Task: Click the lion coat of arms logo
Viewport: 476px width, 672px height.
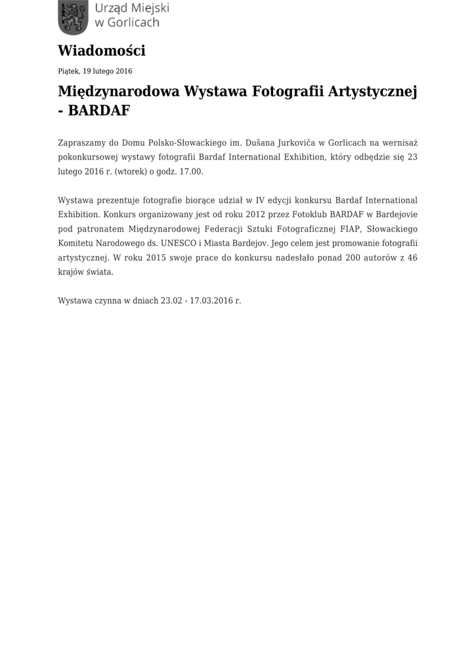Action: pyautogui.click(x=72, y=17)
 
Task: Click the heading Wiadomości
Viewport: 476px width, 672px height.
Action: pyautogui.click(x=101, y=51)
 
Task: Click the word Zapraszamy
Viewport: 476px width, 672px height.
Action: pyautogui.click(x=82, y=142)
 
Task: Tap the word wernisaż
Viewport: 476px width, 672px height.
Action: pyautogui.click(x=400, y=142)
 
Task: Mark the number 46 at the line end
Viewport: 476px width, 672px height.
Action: pyautogui.click(x=412, y=257)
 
